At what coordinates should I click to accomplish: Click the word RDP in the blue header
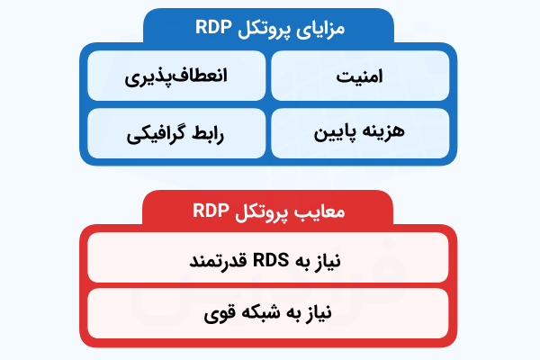point(216,27)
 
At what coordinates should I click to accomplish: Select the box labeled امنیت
point(359,76)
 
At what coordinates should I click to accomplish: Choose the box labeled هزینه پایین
point(359,133)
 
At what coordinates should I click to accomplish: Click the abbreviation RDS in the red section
point(269,261)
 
